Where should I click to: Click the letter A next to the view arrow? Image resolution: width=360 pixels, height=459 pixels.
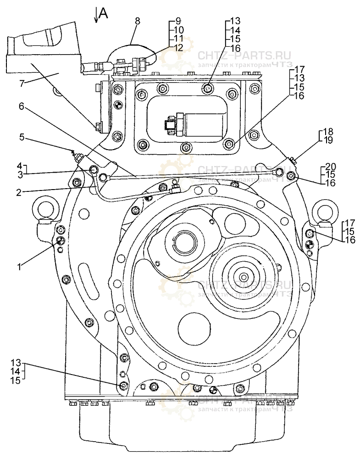[x=103, y=14]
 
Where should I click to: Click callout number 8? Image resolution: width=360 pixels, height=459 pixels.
[x=137, y=21]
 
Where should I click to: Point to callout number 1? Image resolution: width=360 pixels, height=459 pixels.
[x=20, y=266]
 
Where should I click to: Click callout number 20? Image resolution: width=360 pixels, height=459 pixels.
[x=331, y=166]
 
